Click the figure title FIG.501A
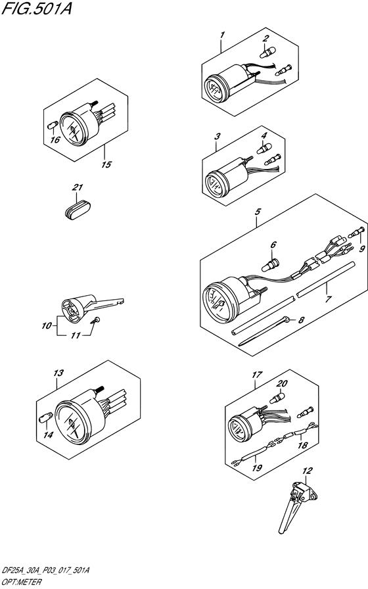pos(36,8)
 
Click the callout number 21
pos(78,187)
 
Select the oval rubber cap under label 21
pos(77,209)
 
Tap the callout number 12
pos(307,470)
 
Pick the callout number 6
pos(273,245)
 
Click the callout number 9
pos(361,248)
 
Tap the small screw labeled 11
pos(46,325)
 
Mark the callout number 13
pos(58,373)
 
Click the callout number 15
pos(106,164)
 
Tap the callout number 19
pos(257,467)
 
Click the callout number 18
pos(303,445)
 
